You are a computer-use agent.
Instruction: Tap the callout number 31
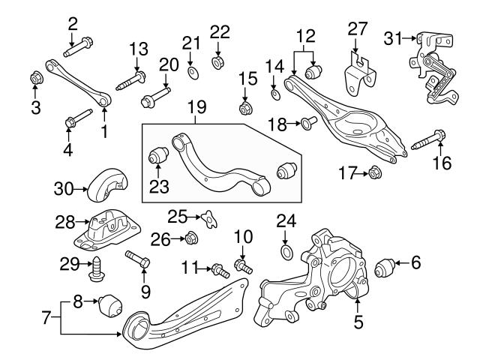click(393, 37)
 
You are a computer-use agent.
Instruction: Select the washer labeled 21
click(191, 72)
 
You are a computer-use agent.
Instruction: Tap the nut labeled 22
click(219, 61)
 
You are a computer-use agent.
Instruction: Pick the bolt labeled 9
click(139, 259)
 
